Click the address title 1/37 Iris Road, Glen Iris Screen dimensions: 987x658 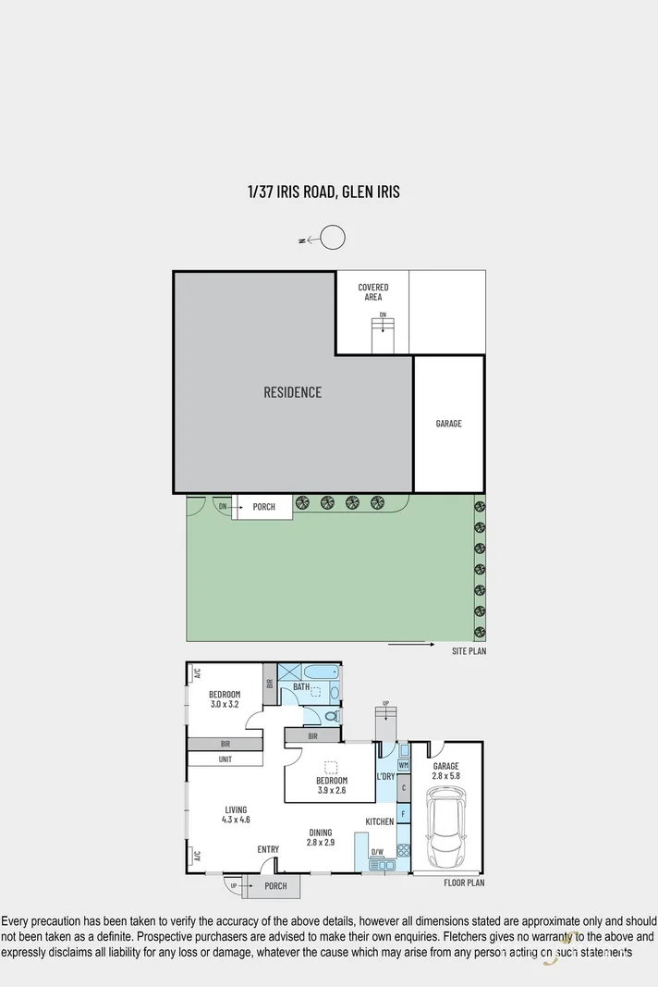(323, 192)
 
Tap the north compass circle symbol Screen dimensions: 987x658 (333, 239)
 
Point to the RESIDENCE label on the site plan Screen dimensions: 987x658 (293, 392)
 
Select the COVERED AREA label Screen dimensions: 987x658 (373, 292)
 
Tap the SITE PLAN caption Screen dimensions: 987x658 (469, 651)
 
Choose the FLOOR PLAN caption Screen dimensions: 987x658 (465, 882)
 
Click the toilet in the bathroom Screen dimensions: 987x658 (331, 716)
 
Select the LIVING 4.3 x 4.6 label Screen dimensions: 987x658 (236, 814)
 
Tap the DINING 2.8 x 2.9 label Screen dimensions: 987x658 (321, 837)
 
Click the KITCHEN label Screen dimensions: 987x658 (380, 821)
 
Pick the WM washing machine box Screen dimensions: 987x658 (404, 766)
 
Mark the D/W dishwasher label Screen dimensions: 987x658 (377, 852)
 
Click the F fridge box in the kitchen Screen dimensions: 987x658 (403, 814)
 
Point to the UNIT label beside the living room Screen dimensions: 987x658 (225, 759)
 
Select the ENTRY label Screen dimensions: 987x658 (268, 849)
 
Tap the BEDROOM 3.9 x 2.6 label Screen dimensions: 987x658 (331, 785)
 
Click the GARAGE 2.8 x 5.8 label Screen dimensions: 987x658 (445, 771)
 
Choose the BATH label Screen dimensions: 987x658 (301, 687)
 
